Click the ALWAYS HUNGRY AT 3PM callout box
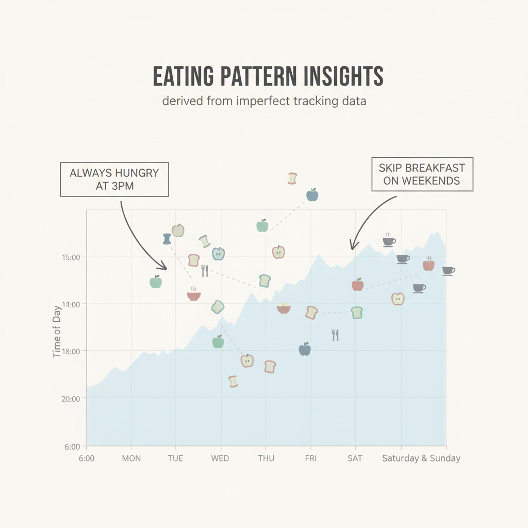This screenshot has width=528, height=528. (x=114, y=179)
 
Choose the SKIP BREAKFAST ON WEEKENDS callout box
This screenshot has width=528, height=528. (x=421, y=174)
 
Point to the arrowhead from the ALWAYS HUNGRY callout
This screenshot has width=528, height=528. (x=166, y=268)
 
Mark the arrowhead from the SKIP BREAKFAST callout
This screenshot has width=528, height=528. (x=352, y=247)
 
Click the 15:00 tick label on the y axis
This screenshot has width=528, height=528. (x=70, y=257)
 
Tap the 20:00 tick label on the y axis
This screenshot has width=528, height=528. (x=70, y=399)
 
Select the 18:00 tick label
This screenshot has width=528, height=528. (x=70, y=351)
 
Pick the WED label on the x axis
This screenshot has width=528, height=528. (x=220, y=458)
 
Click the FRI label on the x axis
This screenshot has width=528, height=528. (x=310, y=458)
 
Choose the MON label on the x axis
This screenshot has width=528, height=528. (x=131, y=458)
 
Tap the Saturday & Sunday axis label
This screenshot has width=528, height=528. (x=421, y=458)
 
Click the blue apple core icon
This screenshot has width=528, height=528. (x=167, y=238)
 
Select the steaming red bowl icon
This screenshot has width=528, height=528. (x=193, y=294)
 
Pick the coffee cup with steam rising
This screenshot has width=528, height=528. (x=388, y=240)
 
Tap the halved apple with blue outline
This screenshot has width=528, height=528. (x=218, y=254)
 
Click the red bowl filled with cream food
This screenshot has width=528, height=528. (x=284, y=308)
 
